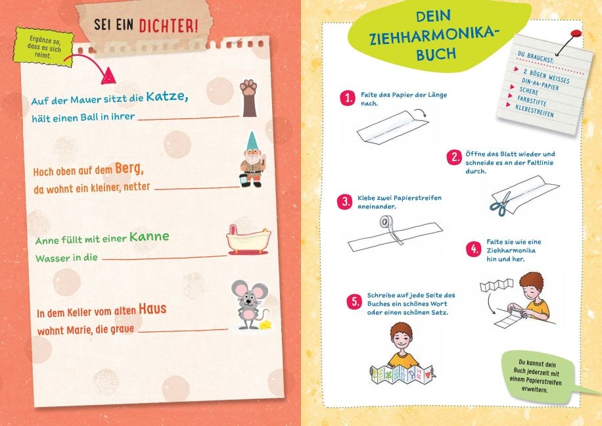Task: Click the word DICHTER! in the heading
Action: (168, 26)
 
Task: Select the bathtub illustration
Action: (248, 240)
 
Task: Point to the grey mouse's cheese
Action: (266, 325)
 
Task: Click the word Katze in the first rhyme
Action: (167, 96)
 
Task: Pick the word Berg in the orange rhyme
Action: (129, 168)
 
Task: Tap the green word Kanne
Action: (149, 236)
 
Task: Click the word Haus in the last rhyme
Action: (152, 308)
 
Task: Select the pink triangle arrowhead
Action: (108, 76)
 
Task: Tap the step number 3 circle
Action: (345, 201)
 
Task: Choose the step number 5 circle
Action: (354, 302)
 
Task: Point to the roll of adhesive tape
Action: (384, 222)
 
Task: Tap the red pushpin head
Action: (576, 34)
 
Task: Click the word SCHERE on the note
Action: (528, 91)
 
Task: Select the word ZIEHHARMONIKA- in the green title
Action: (432, 36)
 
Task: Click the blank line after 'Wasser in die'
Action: (165, 257)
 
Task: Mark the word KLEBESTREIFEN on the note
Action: (534, 110)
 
